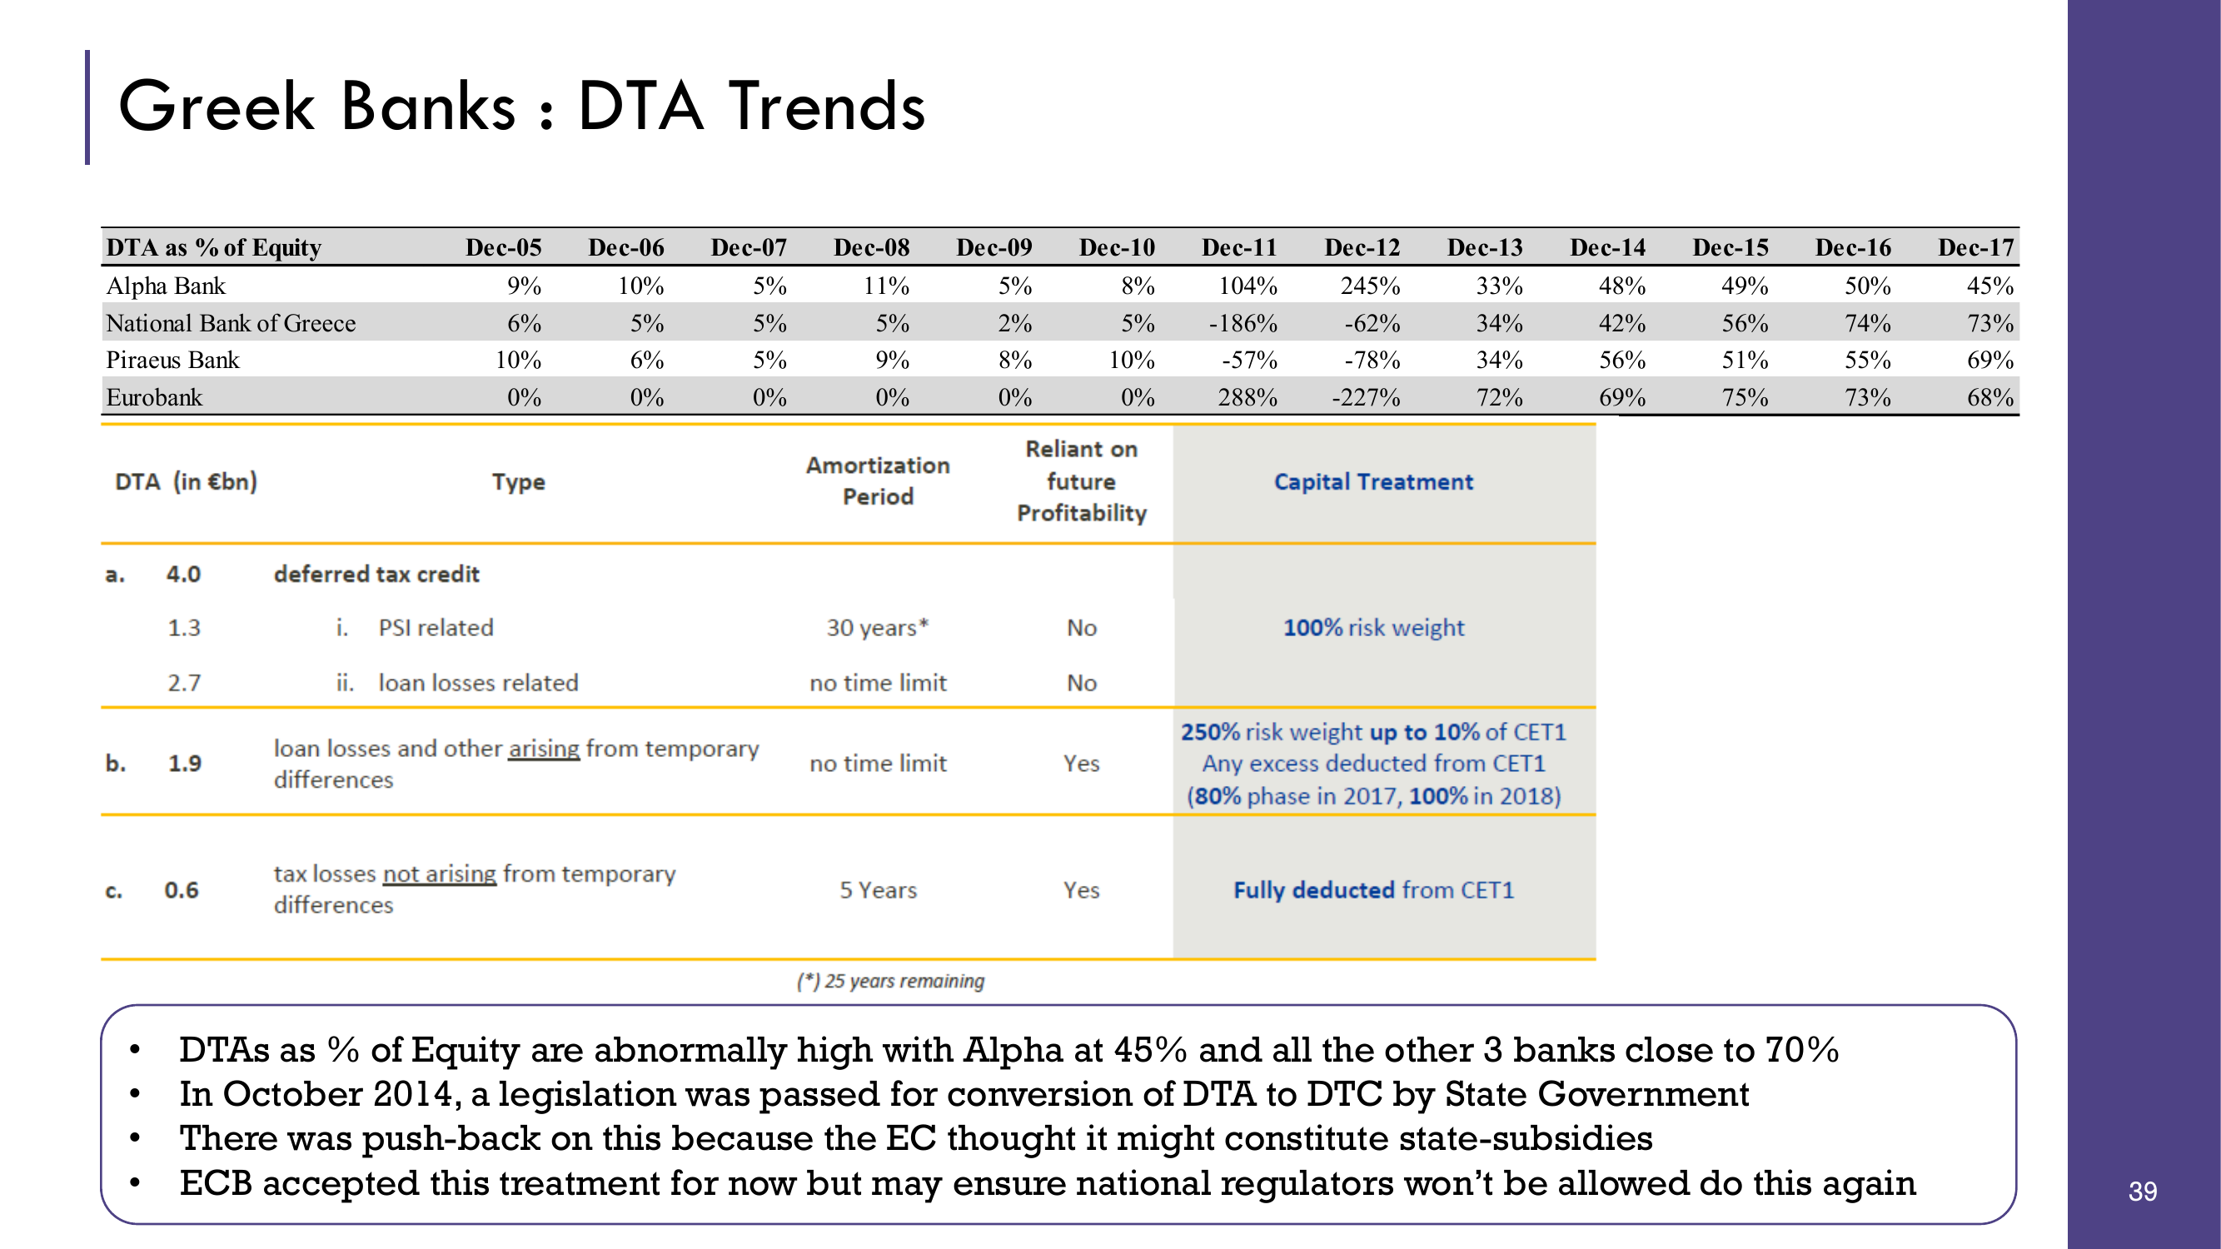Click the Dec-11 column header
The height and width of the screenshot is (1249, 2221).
point(1239,247)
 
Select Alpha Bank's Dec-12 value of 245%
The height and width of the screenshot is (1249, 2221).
point(1369,286)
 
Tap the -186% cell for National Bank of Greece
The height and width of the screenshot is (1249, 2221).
point(1242,323)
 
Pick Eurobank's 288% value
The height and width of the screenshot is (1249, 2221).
point(1247,397)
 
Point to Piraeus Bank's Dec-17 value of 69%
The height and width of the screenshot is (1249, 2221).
point(1990,361)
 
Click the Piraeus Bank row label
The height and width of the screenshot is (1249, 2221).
point(172,361)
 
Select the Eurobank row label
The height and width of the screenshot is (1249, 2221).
point(154,397)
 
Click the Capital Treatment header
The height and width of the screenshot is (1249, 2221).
point(1373,482)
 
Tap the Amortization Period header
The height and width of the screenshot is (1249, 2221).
point(878,481)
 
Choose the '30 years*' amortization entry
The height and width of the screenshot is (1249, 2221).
point(878,628)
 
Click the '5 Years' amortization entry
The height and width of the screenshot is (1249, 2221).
point(878,889)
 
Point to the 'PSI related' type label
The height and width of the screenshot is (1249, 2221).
point(436,628)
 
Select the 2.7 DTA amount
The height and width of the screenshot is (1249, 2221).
point(184,683)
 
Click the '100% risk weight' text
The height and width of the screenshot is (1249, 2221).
point(1373,628)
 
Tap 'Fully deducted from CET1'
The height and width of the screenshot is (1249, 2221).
point(1373,889)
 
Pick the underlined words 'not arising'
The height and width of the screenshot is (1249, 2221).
point(440,874)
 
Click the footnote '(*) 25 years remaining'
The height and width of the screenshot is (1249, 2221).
point(890,981)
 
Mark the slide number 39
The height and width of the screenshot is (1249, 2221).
point(2143,1192)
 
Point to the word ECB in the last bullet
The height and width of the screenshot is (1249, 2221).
point(216,1183)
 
